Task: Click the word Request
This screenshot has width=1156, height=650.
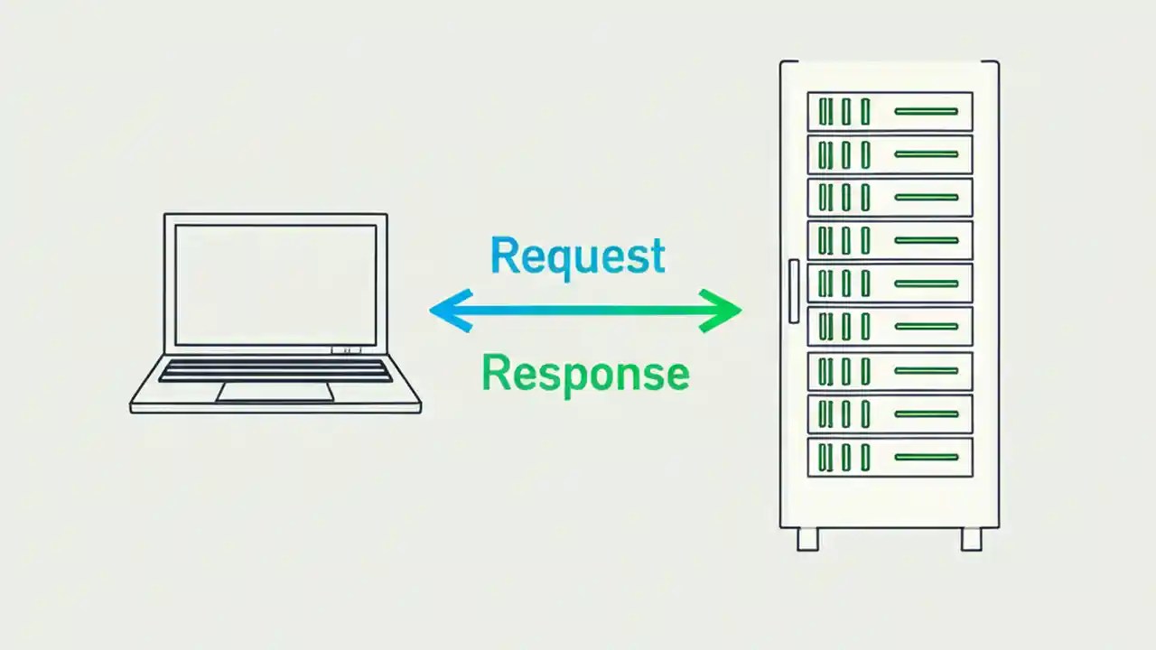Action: click(578, 256)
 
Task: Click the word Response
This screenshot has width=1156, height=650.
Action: click(585, 372)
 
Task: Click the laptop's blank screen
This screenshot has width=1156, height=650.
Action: click(275, 284)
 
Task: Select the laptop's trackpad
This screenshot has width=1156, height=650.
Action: click(275, 392)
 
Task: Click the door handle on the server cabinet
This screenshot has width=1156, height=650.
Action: click(793, 291)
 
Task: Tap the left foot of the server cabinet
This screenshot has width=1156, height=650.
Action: click(807, 539)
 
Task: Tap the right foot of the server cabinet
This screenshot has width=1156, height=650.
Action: click(971, 539)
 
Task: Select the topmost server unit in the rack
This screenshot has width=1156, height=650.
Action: click(890, 111)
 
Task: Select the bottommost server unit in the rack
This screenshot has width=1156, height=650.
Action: click(890, 457)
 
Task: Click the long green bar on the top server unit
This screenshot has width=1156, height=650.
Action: click(926, 111)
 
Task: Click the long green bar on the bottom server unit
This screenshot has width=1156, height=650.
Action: click(926, 457)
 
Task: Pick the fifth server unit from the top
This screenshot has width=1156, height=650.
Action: click(890, 283)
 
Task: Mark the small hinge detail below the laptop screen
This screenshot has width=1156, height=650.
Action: click(346, 350)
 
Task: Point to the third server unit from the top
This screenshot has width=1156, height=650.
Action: click(890, 197)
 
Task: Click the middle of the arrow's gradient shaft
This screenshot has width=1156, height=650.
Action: click(585, 311)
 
